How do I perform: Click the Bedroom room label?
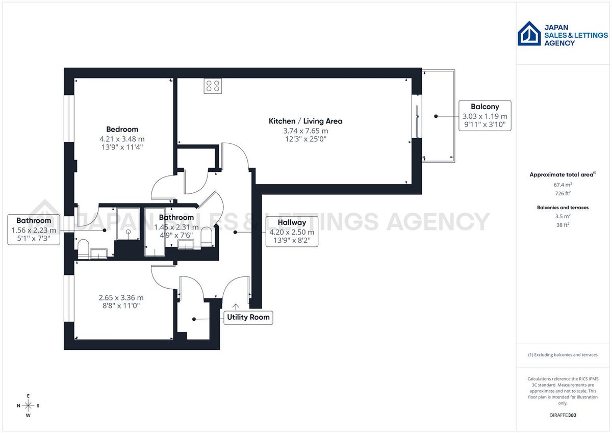pos(122,129)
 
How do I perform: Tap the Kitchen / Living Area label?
pos(305,121)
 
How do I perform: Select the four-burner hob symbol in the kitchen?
pos(213,86)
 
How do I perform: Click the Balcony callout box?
pos(484,116)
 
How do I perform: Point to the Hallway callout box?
pos(292,232)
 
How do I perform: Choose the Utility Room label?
pos(248,317)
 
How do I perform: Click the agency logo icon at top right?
pos(529,34)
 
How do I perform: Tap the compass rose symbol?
pos(29,405)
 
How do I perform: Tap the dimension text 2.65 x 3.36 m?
pos(122,298)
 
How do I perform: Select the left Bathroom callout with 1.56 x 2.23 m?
pos(34,230)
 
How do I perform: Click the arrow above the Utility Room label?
pos(236,306)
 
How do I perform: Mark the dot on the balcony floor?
pos(436,116)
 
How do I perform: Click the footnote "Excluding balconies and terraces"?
pos(563,354)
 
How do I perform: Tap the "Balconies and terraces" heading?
pos(563,208)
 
